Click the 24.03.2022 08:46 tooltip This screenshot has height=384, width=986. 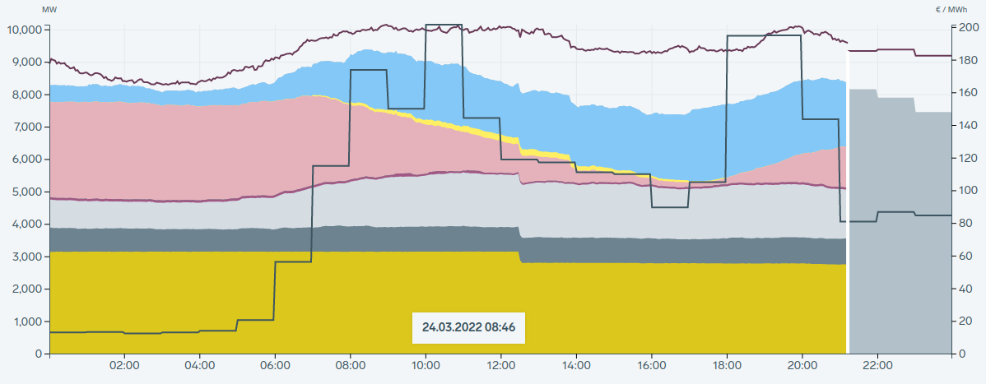[x=468, y=327]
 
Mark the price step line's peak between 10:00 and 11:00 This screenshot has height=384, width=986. [x=444, y=25]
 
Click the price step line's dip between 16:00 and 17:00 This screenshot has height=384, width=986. [x=669, y=207]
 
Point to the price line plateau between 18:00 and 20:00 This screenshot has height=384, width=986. [x=764, y=36]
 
